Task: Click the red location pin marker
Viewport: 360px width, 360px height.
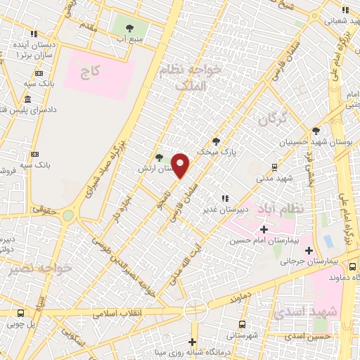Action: point(181,166)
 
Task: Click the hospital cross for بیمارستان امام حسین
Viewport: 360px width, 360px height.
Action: point(264,229)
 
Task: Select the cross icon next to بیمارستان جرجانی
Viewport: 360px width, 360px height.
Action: point(309,250)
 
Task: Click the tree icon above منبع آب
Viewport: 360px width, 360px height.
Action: point(129,28)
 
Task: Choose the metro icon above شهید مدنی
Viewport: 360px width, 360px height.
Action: point(274,167)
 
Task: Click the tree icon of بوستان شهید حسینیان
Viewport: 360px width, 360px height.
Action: point(316,131)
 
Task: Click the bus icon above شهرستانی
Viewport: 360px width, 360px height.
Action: point(243,324)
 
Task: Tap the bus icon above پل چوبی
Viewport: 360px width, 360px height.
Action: point(20,313)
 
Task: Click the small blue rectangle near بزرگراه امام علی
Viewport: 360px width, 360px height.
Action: point(328,241)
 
